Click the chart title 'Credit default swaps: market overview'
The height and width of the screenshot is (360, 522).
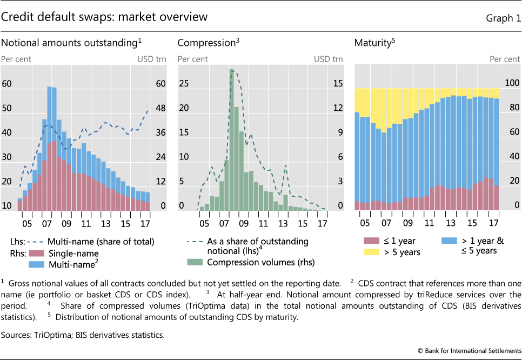click(104, 17)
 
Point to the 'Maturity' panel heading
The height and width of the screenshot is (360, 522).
click(372, 43)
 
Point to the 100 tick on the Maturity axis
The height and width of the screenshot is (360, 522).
click(512, 83)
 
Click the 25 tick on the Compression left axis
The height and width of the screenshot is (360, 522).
click(183, 83)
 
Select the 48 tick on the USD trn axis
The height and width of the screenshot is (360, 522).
click(160, 108)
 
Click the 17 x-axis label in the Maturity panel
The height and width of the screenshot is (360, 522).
click(493, 223)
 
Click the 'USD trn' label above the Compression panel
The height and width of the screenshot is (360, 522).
click(328, 59)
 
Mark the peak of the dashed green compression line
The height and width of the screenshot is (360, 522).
click(231, 69)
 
